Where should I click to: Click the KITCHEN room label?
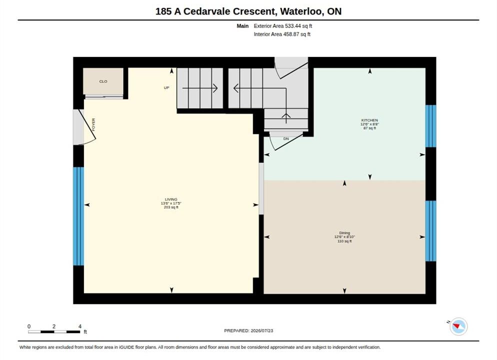pyautogui.click(x=369, y=120)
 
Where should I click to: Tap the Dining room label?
pyautogui.click(x=344, y=233)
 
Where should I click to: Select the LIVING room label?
pyautogui.click(x=171, y=199)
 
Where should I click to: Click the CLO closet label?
pyautogui.click(x=103, y=81)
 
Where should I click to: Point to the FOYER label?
pyautogui.click(x=93, y=125)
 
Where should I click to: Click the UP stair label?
pyautogui.click(x=166, y=88)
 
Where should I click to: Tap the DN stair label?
pyautogui.click(x=286, y=139)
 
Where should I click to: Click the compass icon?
pyautogui.click(x=458, y=326)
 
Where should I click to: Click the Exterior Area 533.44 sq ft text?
pyautogui.click(x=282, y=26)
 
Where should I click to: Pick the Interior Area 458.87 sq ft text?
pyautogui.click(x=282, y=34)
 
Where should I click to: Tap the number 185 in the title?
pyautogui.click(x=163, y=11)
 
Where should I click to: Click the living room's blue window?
pyautogui.click(x=78, y=216)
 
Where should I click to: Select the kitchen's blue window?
pyautogui.click(x=430, y=126)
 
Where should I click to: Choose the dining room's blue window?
pyautogui.click(x=430, y=231)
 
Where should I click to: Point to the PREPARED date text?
pyautogui.click(x=248, y=330)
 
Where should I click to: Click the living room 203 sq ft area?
pyautogui.click(x=171, y=207)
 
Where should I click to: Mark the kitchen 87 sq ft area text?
pyautogui.click(x=369, y=128)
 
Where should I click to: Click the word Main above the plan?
pyautogui.click(x=242, y=26)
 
